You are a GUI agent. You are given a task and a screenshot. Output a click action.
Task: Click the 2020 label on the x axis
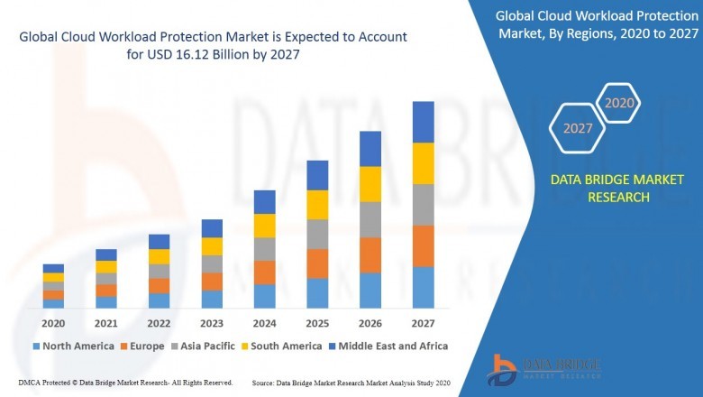[x=53, y=323]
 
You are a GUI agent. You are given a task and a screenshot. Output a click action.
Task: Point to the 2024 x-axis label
[x=264, y=323]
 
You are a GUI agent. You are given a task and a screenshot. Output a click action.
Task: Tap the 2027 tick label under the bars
[x=423, y=323]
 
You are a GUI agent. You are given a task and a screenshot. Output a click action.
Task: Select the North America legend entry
[x=73, y=346]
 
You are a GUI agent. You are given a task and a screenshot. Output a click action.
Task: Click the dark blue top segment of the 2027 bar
[x=423, y=122]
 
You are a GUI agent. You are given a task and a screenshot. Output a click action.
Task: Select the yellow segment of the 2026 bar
[x=370, y=184]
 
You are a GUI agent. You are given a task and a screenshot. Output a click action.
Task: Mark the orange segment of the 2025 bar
[x=317, y=263]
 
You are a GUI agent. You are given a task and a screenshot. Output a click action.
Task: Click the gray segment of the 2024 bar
[x=264, y=249]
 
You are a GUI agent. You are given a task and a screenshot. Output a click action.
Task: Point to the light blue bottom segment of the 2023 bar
[x=212, y=299]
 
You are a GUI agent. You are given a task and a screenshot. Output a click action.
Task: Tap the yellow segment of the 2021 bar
[x=106, y=266]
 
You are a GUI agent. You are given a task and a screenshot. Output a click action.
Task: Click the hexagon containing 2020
[x=619, y=103]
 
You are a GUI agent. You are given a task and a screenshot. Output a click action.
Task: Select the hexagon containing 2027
[x=578, y=128]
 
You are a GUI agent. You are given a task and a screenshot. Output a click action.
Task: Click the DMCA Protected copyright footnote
[x=124, y=383]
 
